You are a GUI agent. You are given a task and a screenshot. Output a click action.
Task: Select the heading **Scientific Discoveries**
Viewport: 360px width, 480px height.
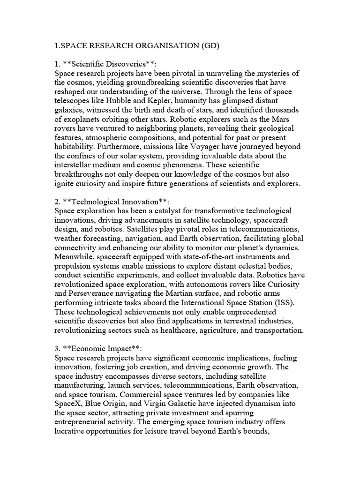(x=109, y=65)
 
